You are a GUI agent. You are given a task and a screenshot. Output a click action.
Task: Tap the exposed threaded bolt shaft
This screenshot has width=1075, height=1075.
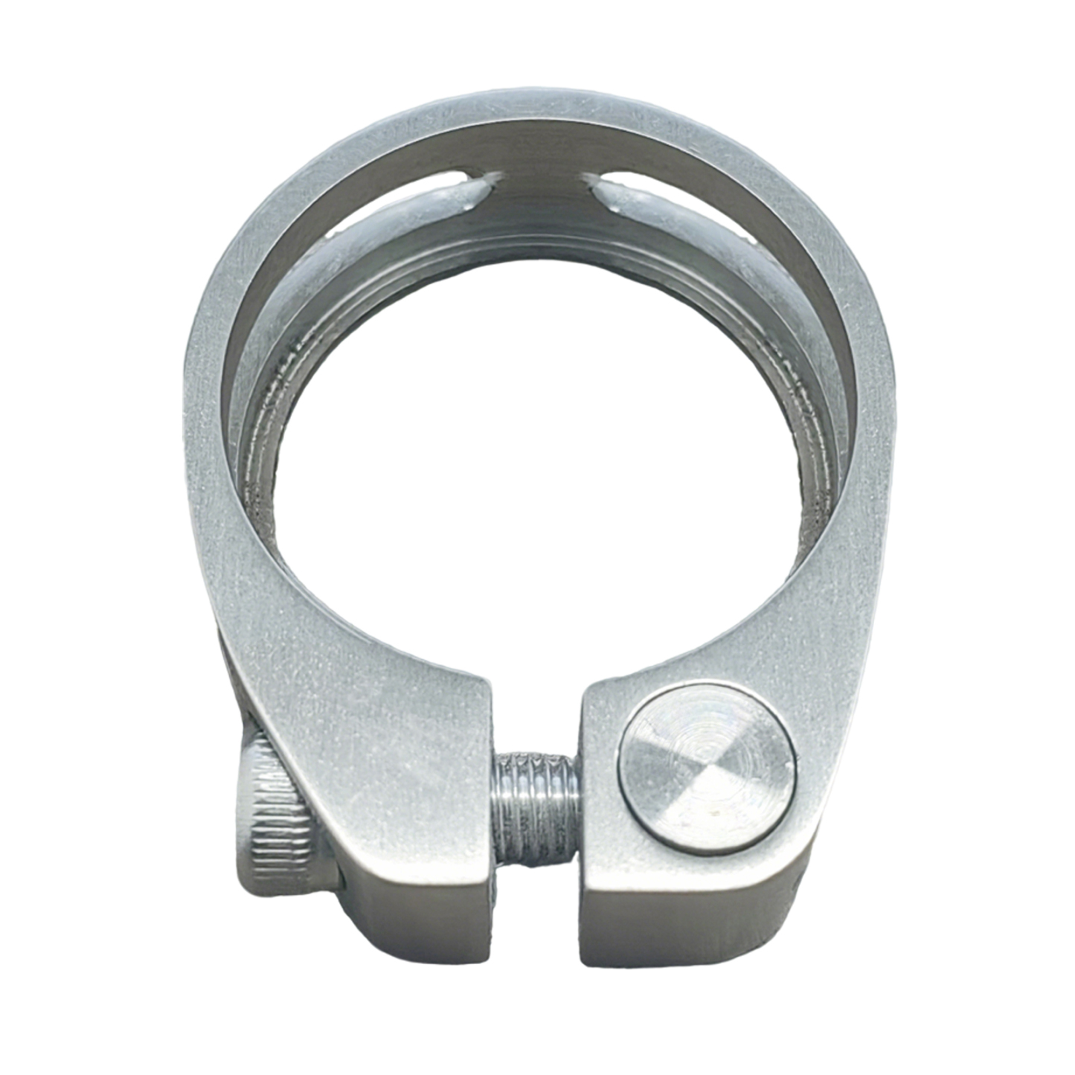(x=533, y=807)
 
